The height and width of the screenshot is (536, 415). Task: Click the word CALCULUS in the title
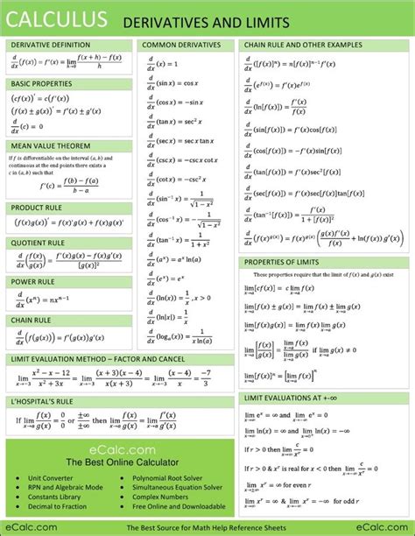click(58, 18)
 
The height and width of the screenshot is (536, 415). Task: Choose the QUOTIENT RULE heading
click(37, 243)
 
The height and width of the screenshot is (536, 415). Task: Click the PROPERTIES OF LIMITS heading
click(282, 262)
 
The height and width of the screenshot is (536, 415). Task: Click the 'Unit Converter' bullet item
click(52, 479)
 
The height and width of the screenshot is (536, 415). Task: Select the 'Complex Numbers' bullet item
click(160, 496)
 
